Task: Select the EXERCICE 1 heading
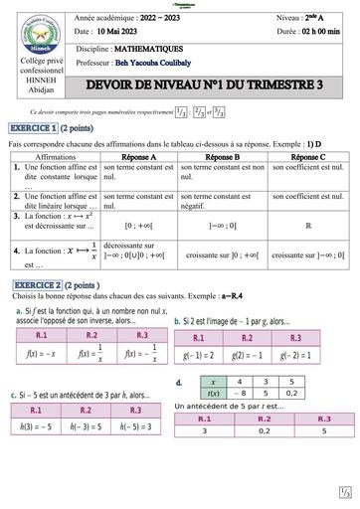coord(38,130)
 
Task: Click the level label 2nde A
coord(317,18)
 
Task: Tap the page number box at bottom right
coord(344,491)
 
